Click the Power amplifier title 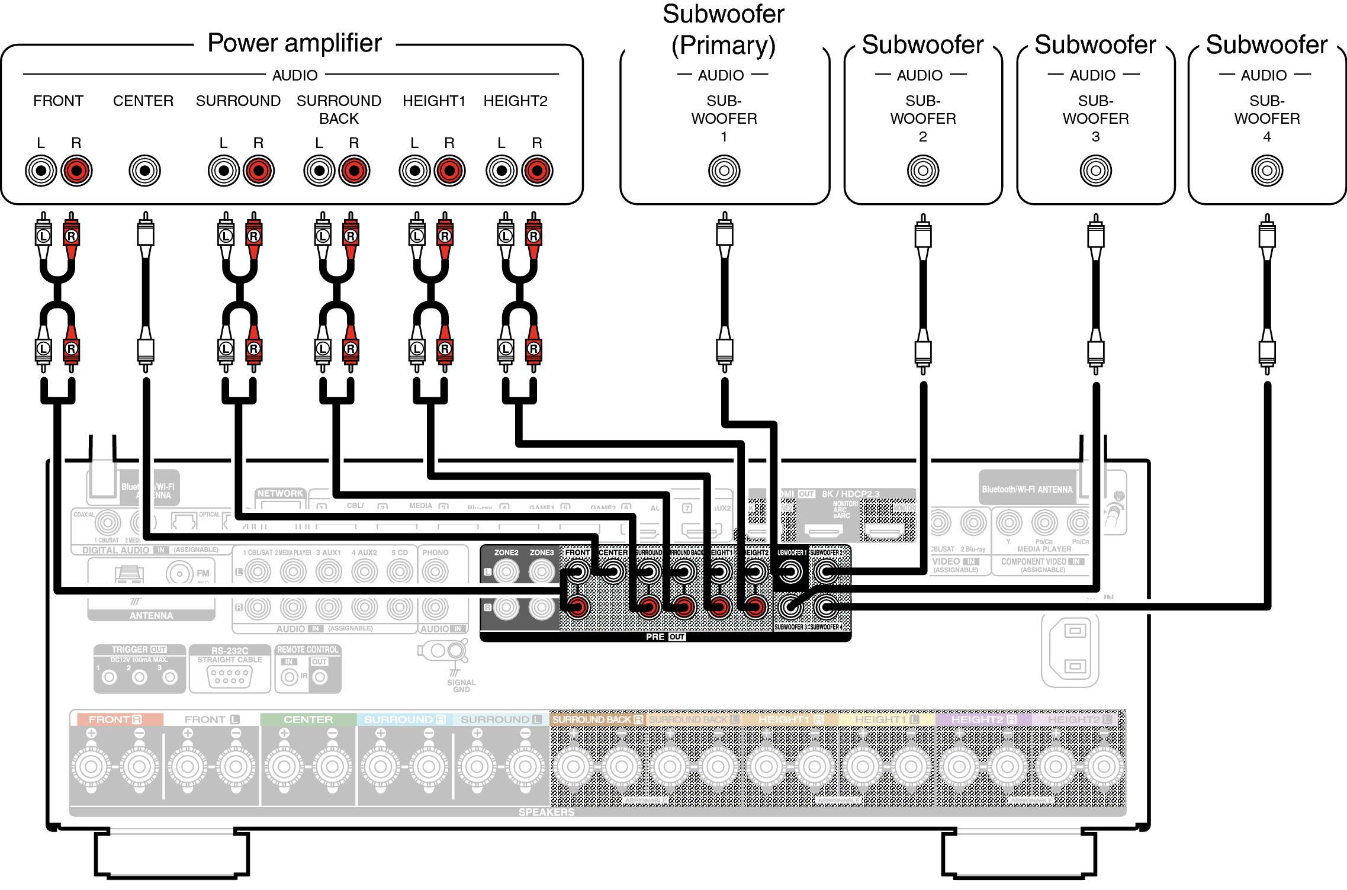point(294,43)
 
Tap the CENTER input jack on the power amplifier point(144,171)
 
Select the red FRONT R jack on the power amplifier point(76,171)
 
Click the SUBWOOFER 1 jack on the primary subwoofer point(724,171)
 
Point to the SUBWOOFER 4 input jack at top point(1266,171)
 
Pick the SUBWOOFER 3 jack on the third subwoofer point(1095,171)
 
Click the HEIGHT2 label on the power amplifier point(515,101)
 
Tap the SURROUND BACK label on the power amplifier point(339,109)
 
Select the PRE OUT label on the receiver point(665,637)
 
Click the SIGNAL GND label point(461,686)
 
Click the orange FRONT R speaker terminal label point(115,719)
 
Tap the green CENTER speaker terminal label point(308,719)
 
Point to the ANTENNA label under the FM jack point(151,615)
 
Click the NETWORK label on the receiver point(280,493)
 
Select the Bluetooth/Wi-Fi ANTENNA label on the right point(1027,489)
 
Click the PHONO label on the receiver point(435,552)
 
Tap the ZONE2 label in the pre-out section point(506,552)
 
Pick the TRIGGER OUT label point(139,650)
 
